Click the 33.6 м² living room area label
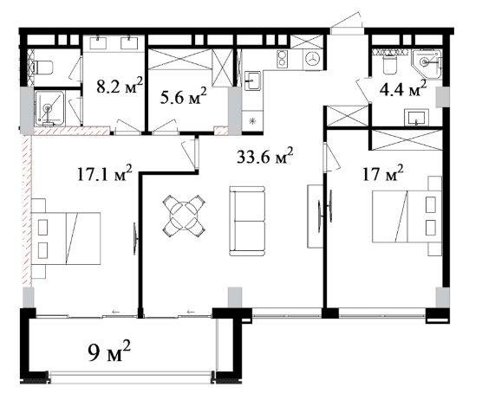264,156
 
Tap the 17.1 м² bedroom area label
105,174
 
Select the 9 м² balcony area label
109,351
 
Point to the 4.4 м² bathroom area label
403,88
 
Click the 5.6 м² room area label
183,96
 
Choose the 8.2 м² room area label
120,86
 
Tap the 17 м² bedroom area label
382,173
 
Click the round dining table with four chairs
184,216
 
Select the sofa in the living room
247,221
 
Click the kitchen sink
252,81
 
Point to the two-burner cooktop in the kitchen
282,59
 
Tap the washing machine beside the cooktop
313,59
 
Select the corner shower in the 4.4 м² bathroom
427,64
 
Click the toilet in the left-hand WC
42,68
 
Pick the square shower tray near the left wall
49,108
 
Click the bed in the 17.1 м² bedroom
66,238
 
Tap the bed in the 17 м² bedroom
407,216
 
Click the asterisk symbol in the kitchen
252,121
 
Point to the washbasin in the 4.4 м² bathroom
416,118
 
